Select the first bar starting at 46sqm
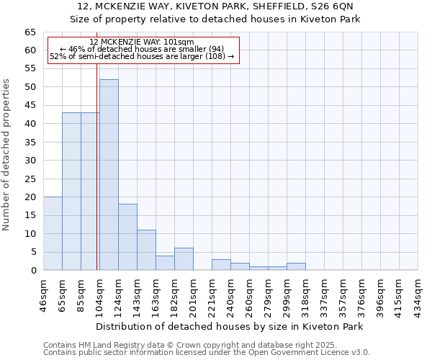tap(53, 233)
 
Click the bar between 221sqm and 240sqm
tap(221, 265)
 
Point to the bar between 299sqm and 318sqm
tap(296, 266)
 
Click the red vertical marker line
tap(96, 180)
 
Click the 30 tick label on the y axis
tap(30, 161)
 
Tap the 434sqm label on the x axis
tap(418, 294)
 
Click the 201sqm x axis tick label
tap(194, 294)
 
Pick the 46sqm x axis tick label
tap(44, 294)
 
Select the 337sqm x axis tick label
tap(325, 294)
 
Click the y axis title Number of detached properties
tap(7, 155)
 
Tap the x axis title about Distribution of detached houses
tap(229, 326)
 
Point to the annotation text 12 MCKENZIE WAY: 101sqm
tap(142, 42)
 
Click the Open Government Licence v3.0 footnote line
tap(207, 353)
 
